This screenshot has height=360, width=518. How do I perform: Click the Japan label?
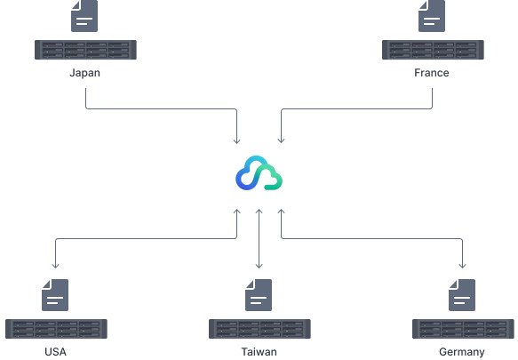(x=85, y=73)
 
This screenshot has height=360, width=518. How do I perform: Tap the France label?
(x=432, y=73)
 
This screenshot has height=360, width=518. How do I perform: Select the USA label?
(x=55, y=352)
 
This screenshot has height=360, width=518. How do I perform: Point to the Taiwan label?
(x=259, y=352)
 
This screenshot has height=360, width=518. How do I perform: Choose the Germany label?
(x=462, y=352)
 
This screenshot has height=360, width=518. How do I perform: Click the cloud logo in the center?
(x=259, y=173)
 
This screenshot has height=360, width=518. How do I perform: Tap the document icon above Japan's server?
(x=84, y=16)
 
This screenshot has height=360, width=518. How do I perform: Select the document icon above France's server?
(x=432, y=16)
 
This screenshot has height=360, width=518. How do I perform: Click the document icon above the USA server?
(x=55, y=295)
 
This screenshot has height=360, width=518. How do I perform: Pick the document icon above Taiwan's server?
(x=259, y=295)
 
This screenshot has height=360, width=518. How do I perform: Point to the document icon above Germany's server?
(x=462, y=295)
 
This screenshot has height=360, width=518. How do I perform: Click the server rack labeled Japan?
(x=85, y=50)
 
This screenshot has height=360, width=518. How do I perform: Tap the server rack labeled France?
(x=433, y=50)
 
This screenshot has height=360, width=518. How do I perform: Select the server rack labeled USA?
(x=56, y=329)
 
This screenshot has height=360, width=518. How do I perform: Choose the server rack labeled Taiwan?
(x=259, y=329)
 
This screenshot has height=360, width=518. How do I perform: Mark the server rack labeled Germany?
(x=463, y=329)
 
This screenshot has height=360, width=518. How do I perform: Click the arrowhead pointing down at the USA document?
(x=55, y=266)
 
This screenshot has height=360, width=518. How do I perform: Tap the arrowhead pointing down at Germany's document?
(x=463, y=266)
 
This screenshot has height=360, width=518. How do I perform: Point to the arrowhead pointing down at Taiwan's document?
(x=259, y=266)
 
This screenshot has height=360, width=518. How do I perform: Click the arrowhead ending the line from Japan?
(x=237, y=141)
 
